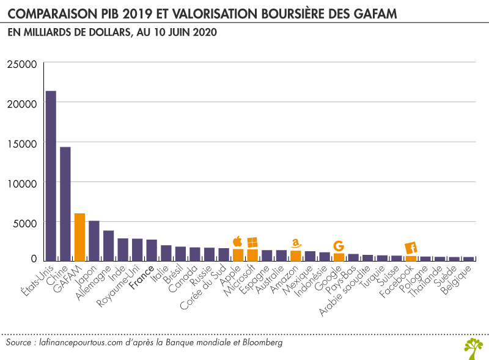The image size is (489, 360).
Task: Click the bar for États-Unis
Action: click(51, 176)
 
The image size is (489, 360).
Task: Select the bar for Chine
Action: click(65, 204)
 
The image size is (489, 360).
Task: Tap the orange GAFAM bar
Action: click(79, 237)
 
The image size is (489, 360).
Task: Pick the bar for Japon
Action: click(94, 241)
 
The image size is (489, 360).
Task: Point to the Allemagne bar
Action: click(108, 246)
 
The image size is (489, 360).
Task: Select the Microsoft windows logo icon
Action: click(252, 242)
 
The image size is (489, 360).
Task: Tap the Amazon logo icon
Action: click(296, 243)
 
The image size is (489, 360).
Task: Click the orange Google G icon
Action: click(338, 246)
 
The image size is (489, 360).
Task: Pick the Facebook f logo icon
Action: click(411, 248)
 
